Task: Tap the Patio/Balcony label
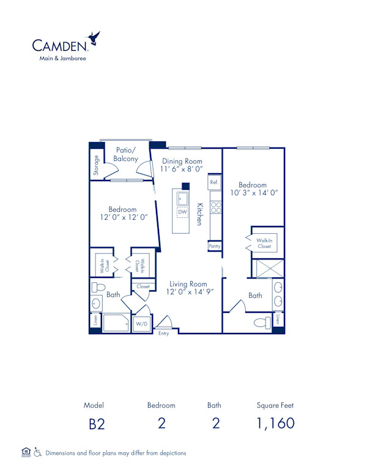(126, 154)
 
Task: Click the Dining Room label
(182, 160)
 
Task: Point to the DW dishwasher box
(182, 213)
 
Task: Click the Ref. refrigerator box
(214, 182)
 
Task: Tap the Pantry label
(214, 245)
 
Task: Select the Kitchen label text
(199, 214)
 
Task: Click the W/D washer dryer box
(141, 323)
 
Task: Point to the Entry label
(163, 333)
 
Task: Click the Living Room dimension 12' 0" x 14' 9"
(188, 293)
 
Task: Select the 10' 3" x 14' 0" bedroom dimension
(252, 193)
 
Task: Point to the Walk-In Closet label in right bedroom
(264, 244)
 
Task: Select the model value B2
(94, 424)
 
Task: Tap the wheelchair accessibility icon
(38, 453)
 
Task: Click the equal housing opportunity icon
(26, 452)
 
